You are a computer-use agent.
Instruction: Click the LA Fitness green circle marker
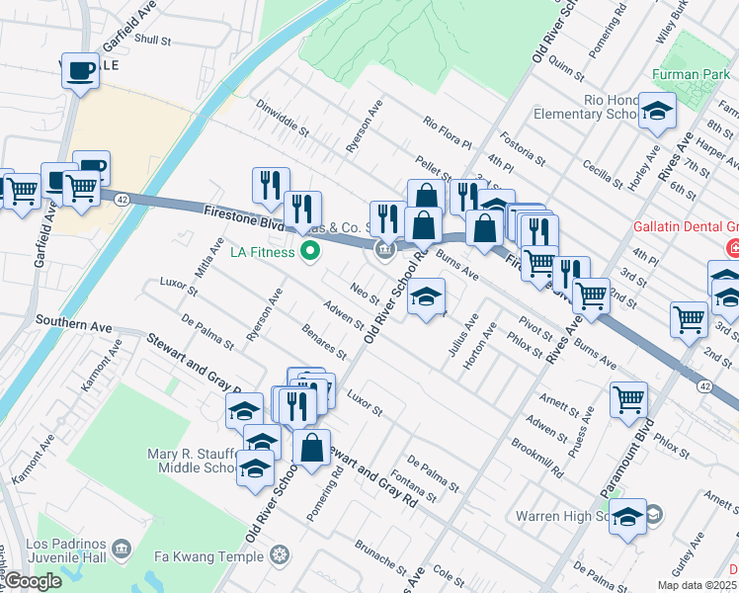pos(310,252)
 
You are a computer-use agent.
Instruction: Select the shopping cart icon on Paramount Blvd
pos(628,398)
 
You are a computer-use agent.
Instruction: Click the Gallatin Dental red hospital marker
pos(733,247)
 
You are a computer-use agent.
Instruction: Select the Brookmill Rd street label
pos(536,456)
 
